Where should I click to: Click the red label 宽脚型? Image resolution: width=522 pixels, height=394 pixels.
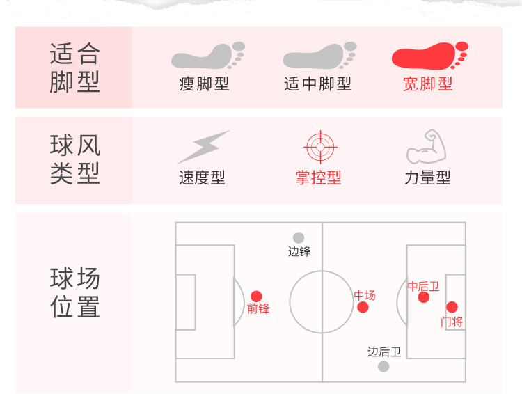tap(427, 84)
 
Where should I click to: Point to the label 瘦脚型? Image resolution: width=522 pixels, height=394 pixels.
tap(204, 84)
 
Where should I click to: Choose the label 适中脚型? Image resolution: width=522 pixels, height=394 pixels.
tap(317, 84)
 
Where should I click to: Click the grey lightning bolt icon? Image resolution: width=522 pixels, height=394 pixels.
tap(203, 147)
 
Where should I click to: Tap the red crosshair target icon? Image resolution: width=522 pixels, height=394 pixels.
tap(320, 147)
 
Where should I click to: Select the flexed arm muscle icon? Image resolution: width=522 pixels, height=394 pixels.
tap(425, 146)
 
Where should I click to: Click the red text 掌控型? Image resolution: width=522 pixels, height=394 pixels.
tap(318, 178)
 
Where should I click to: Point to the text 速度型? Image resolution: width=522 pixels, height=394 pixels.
tap(202, 178)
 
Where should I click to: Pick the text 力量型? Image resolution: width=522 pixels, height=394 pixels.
tap(427, 178)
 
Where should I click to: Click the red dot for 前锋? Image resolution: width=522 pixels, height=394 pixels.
tap(256, 297)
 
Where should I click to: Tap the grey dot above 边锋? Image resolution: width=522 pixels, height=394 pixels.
tap(299, 238)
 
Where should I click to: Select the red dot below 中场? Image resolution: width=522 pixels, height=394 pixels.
tap(363, 308)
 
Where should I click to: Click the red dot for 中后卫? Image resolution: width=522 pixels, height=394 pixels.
tap(423, 298)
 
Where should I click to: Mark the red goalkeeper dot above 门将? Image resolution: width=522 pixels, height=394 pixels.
tap(452, 307)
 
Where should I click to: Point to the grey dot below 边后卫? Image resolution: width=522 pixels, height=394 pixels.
tap(383, 366)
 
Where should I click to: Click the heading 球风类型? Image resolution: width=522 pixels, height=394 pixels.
tap(75, 159)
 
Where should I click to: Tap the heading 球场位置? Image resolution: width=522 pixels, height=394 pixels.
tap(75, 293)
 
